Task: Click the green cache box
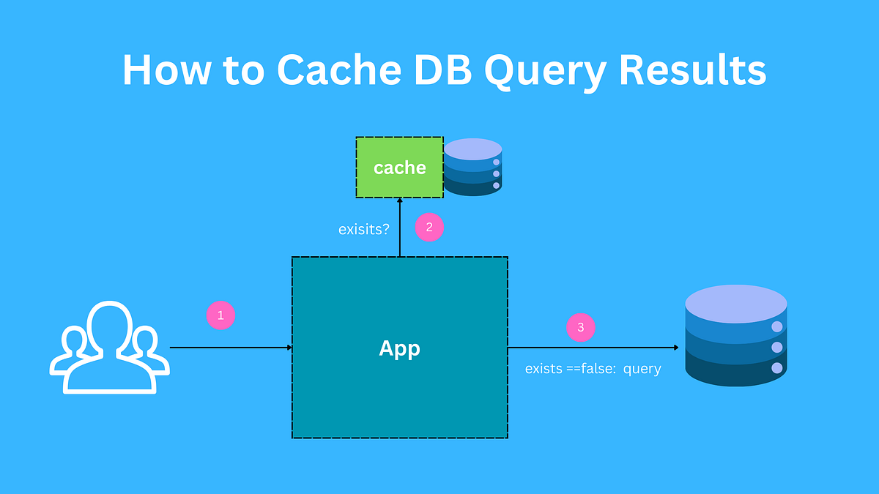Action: pyautogui.click(x=399, y=168)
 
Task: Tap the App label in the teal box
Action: pyautogui.click(x=399, y=348)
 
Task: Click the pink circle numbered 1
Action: pyautogui.click(x=221, y=315)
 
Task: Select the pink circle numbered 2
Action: pyautogui.click(x=429, y=227)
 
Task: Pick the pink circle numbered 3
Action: pyautogui.click(x=581, y=327)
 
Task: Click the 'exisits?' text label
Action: pyautogui.click(x=364, y=229)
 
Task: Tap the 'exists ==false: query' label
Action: pyautogui.click(x=593, y=369)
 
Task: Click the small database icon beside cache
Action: pyautogui.click(x=472, y=168)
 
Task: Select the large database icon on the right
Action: pyautogui.click(x=735, y=336)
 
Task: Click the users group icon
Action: pyautogui.click(x=109, y=347)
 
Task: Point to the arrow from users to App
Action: pyautogui.click(x=231, y=348)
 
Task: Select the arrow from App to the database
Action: pyautogui.click(x=593, y=348)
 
